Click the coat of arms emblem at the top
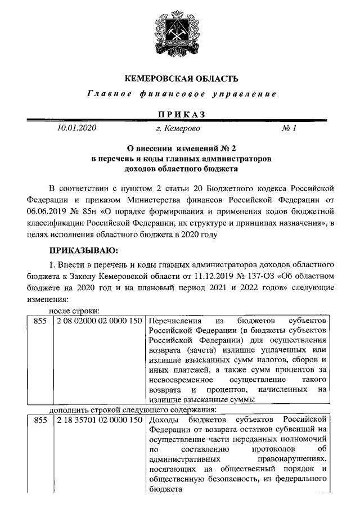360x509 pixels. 180,34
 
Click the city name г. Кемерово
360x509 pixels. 178,129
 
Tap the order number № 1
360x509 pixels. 289,129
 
